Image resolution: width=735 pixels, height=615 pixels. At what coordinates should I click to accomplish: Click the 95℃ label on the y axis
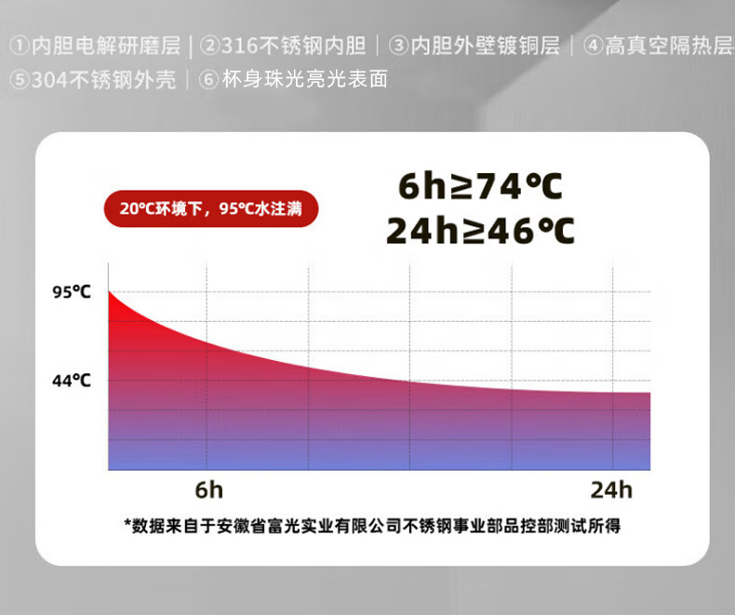point(72,291)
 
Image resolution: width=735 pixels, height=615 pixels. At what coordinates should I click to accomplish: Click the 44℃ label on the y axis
point(72,381)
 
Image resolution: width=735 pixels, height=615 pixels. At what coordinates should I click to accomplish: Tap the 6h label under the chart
point(209,489)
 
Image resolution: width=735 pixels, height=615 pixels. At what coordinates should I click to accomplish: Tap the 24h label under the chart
point(611,489)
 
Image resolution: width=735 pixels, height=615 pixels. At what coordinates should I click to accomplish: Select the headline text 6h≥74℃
point(480,186)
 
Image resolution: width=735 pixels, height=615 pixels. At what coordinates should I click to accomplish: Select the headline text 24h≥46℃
point(480,231)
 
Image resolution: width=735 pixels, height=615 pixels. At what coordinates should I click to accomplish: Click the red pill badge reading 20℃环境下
point(211,208)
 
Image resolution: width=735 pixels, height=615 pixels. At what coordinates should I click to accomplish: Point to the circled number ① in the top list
point(20,46)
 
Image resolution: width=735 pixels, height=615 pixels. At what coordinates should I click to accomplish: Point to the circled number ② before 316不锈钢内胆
point(209,46)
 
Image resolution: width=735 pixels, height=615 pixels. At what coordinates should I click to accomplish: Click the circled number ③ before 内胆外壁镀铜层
point(398,46)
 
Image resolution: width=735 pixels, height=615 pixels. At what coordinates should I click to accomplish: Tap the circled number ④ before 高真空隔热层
point(593,46)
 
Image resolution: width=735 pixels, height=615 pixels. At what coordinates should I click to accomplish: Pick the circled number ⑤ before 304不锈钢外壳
point(20,79)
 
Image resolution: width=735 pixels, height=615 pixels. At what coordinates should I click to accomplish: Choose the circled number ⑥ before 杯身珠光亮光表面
point(208,79)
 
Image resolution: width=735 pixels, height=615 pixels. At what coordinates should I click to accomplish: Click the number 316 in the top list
point(239,46)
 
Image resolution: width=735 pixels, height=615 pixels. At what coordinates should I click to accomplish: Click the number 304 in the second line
point(49,80)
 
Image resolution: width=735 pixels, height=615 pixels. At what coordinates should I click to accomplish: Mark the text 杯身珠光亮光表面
point(304,79)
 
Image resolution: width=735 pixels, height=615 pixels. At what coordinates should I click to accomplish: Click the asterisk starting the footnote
point(127,523)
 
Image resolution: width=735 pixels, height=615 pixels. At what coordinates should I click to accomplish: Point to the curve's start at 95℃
point(109,291)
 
